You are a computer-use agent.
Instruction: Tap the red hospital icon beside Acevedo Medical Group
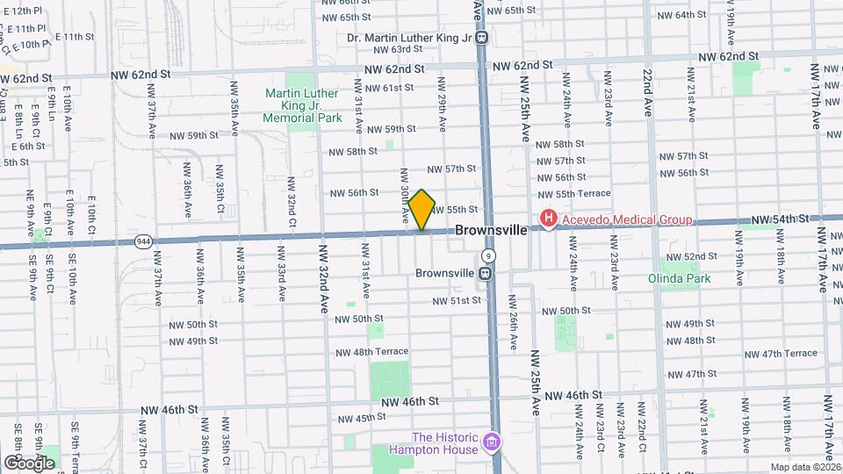[549, 219]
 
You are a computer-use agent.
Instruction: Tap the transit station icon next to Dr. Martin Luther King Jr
[482, 38]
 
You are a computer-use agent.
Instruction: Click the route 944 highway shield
[143, 241]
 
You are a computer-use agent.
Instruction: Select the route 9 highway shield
[489, 255]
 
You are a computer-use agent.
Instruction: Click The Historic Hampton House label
[445, 443]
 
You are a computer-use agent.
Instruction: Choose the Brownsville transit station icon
[485, 273]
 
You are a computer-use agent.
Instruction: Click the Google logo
[29, 463]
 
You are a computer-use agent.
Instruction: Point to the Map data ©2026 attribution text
[805, 467]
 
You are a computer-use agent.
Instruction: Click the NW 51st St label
[457, 300]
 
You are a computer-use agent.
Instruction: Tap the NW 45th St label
[364, 417]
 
